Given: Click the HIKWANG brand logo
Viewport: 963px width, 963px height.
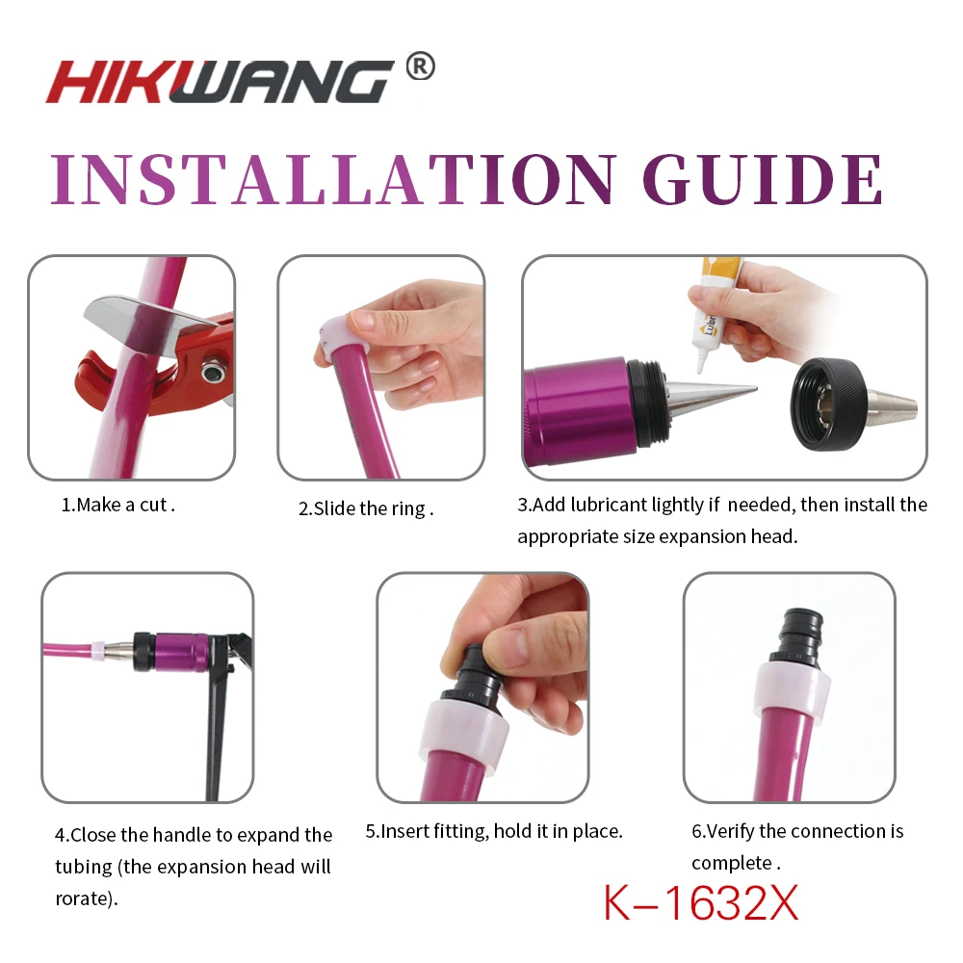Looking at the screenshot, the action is coord(220,82).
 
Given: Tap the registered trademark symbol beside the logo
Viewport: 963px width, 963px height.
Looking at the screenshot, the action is coord(421,66).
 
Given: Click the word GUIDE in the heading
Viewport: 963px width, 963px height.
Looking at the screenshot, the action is coord(764,179).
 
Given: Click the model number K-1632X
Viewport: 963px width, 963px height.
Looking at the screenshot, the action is coord(701,903).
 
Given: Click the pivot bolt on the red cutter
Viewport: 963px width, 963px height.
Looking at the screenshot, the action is coord(213,372).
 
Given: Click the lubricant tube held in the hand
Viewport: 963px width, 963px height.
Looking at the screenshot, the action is coord(715,313).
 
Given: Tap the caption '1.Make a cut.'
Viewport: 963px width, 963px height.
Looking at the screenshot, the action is coord(117,505).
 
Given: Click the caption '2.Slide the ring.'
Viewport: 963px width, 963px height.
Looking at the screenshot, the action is coord(366,508).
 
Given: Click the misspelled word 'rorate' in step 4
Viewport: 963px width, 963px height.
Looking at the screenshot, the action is coord(83,898).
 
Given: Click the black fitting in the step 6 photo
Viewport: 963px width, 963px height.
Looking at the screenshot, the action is coord(799,638).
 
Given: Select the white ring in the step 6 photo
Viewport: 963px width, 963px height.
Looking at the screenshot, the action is coord(793,687).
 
